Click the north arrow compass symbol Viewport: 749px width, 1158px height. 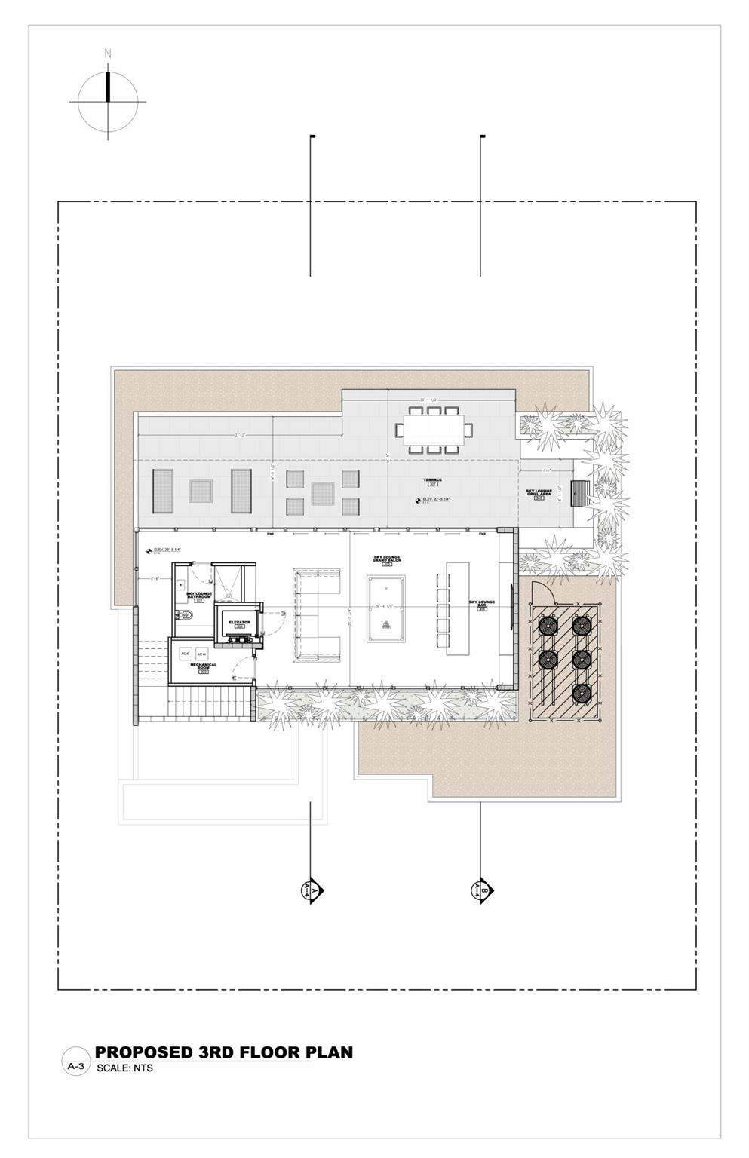pos(108,101)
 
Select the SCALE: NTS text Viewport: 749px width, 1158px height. pos(124,1068)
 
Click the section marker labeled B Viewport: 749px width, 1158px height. pos(481,890)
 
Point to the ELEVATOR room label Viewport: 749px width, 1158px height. pos(239,623)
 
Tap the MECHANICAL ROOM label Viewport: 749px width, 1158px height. pos(203,666)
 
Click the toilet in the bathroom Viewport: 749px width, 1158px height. pos(186,614)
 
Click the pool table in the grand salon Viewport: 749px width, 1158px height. pos(386,608)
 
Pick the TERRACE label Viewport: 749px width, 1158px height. pos(432,481)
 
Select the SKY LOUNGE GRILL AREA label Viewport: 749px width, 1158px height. pos(539,494)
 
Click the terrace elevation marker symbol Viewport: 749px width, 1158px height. pos(416,499)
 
